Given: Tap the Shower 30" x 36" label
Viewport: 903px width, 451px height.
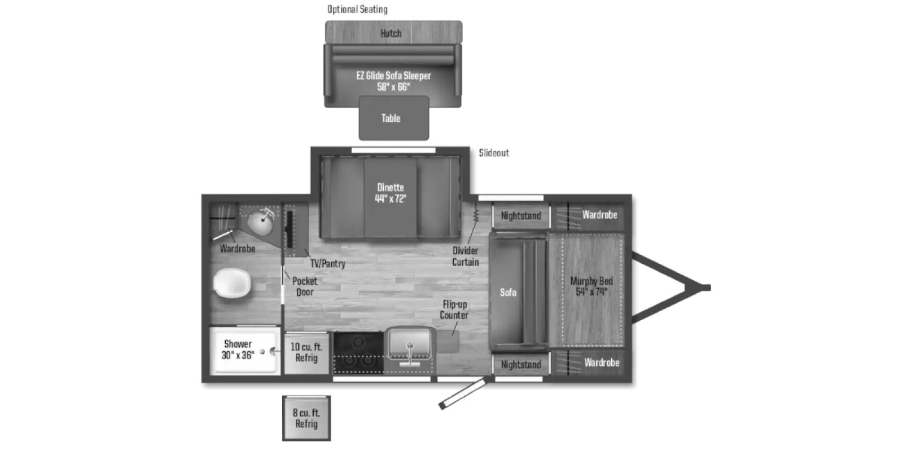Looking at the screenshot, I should pos(238,350).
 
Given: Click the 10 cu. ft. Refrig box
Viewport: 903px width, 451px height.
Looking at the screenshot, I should pos(306,353).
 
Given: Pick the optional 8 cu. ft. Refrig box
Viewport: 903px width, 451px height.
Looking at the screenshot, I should pos(306,418).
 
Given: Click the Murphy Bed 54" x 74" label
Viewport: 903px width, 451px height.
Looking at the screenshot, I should pos(591,286).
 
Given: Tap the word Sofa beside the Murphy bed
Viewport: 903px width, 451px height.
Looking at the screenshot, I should pos(508,292).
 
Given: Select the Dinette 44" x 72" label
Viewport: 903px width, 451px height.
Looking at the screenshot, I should pos(391,193).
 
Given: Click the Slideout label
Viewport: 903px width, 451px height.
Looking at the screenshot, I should pos(494,153).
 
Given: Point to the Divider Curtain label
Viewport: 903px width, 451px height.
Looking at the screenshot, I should pos(465,257).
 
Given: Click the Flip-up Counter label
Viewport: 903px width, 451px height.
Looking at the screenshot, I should pos(454,309).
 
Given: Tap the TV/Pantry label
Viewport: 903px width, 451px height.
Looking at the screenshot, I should pos(327,263).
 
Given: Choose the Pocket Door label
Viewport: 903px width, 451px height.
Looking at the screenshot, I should pos(305,286).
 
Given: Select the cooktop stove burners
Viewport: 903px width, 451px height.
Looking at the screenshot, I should pos(358,352).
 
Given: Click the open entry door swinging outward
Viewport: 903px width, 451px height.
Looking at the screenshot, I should pos(463,393).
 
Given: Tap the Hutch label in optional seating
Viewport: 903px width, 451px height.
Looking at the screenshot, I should pos(391,33).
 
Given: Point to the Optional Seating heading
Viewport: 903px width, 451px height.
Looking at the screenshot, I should pos(357,9).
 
